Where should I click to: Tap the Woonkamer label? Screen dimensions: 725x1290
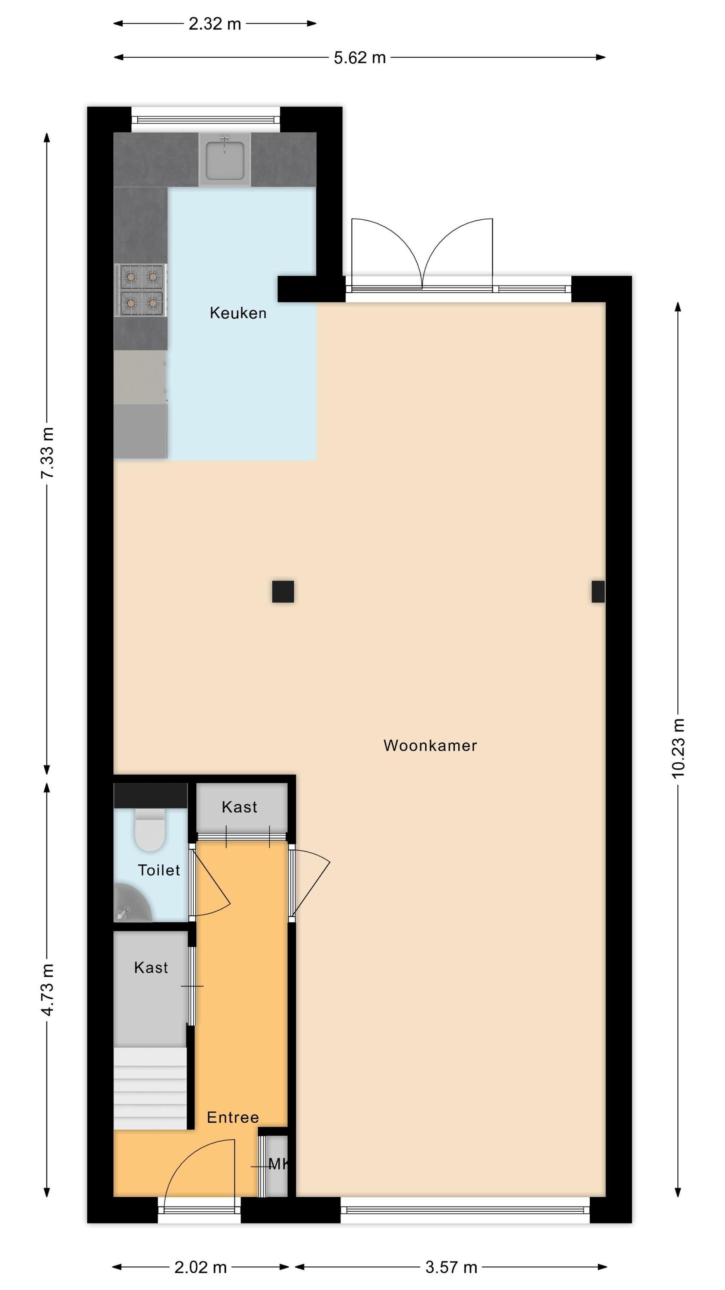pyautogui.click(x=430, y=746)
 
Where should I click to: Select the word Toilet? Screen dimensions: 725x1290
pyautogui.click(x=158, y=870)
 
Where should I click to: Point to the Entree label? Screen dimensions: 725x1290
pyautogui.click(x=233, y=1117)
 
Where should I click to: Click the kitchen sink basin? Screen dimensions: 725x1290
pyautogui.click(x=225, y=159)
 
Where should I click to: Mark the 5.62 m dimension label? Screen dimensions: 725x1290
pyautogui.click(x=360, y=58)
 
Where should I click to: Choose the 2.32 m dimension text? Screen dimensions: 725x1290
pyautogui.click(x=215, y=24)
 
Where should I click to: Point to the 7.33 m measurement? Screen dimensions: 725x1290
pyautogui.click(x=47, y=453)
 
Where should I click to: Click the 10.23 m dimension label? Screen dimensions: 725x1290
pyautogui.click(x=677, y=748)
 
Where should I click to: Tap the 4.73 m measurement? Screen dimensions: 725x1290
pyautogui.click(x=47, y=990)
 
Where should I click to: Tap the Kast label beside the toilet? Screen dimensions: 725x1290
pyautogui.click(x=239, y=807)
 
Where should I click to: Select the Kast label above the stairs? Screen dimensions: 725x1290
pyautogui.click(x=151, y=967)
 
